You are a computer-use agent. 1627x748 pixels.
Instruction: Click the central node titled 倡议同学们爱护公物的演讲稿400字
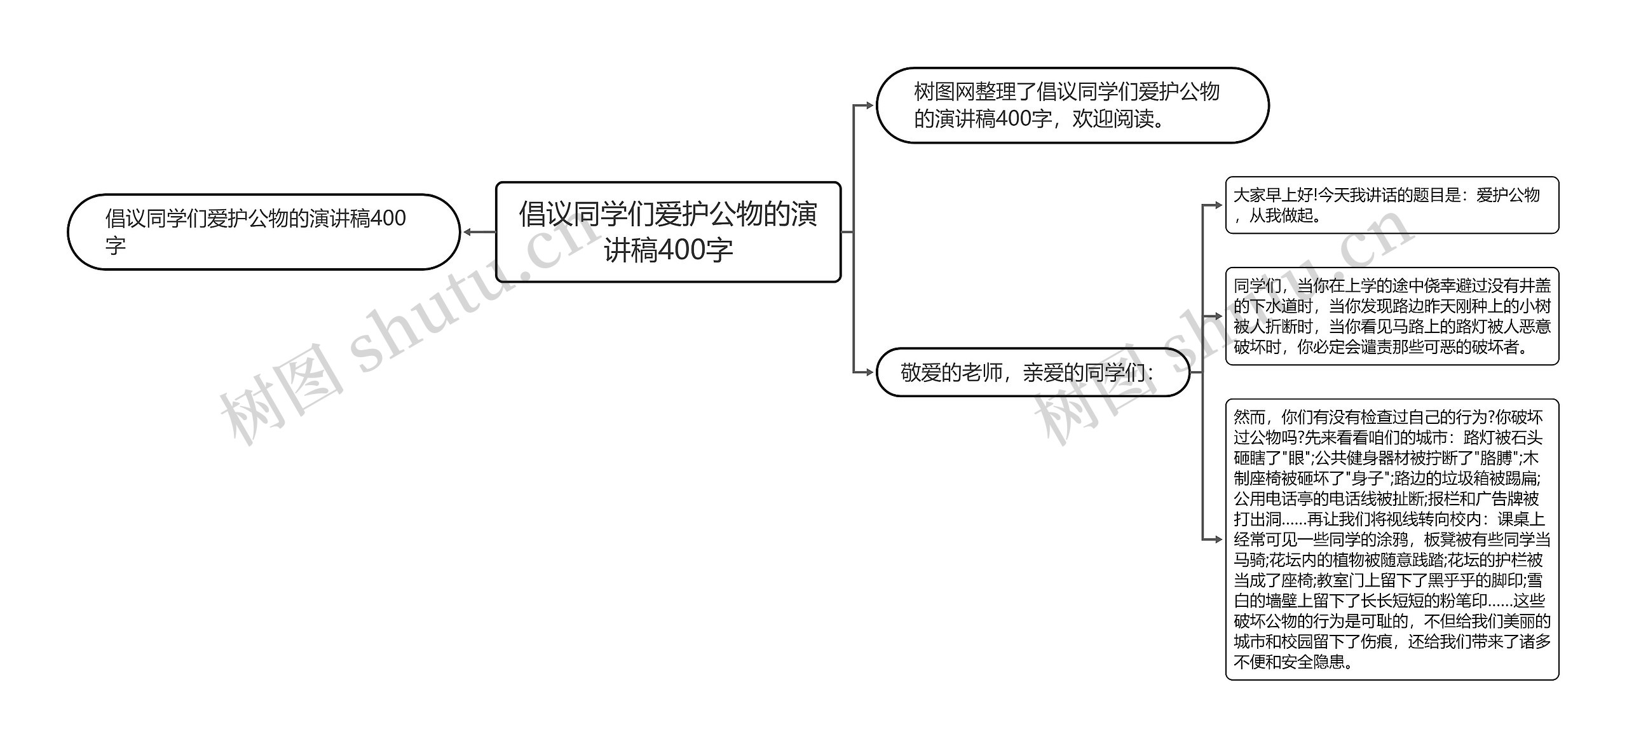coord(667,232)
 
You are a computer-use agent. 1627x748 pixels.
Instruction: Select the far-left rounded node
coord(263,232)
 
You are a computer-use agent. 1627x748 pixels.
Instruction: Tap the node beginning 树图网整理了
coord(1072,105)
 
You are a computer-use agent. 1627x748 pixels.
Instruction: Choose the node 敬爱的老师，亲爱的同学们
coord(1032,372)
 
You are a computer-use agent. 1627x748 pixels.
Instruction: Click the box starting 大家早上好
coord(1391,205)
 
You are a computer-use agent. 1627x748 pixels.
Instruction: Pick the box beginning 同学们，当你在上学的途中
coord(1391,316)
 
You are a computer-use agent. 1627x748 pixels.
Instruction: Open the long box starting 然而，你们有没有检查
coord(1391,540)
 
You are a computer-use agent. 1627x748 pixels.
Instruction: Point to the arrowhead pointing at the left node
coord(468,232)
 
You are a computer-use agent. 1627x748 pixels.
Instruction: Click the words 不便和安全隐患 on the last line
coord(1290,662)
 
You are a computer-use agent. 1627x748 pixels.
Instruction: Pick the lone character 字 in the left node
coord(116,246)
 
